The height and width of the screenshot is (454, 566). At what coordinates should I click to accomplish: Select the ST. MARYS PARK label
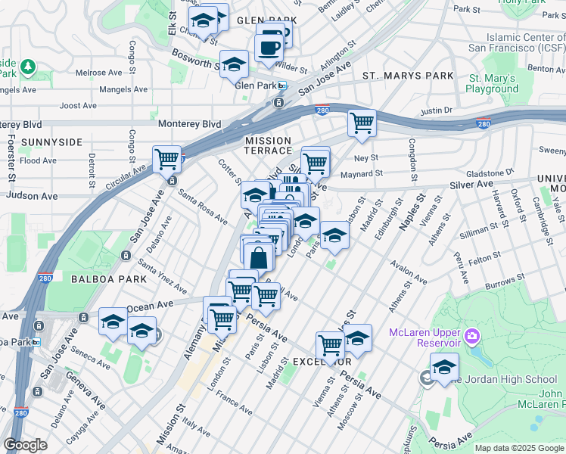408,76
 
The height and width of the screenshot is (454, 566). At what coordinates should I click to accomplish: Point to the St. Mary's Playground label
492,83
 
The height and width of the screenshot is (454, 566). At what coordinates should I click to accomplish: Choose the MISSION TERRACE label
268,145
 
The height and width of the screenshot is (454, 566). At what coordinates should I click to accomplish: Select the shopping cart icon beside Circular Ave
166,159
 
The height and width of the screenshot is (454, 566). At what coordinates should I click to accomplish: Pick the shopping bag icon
259,257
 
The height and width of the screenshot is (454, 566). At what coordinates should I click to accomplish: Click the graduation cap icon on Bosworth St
235,64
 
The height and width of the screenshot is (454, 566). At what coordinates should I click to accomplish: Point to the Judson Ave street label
32,196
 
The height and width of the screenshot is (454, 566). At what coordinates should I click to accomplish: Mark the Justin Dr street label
436,111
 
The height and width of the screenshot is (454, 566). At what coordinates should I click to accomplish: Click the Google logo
25,445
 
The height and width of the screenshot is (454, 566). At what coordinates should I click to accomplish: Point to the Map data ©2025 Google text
520,448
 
